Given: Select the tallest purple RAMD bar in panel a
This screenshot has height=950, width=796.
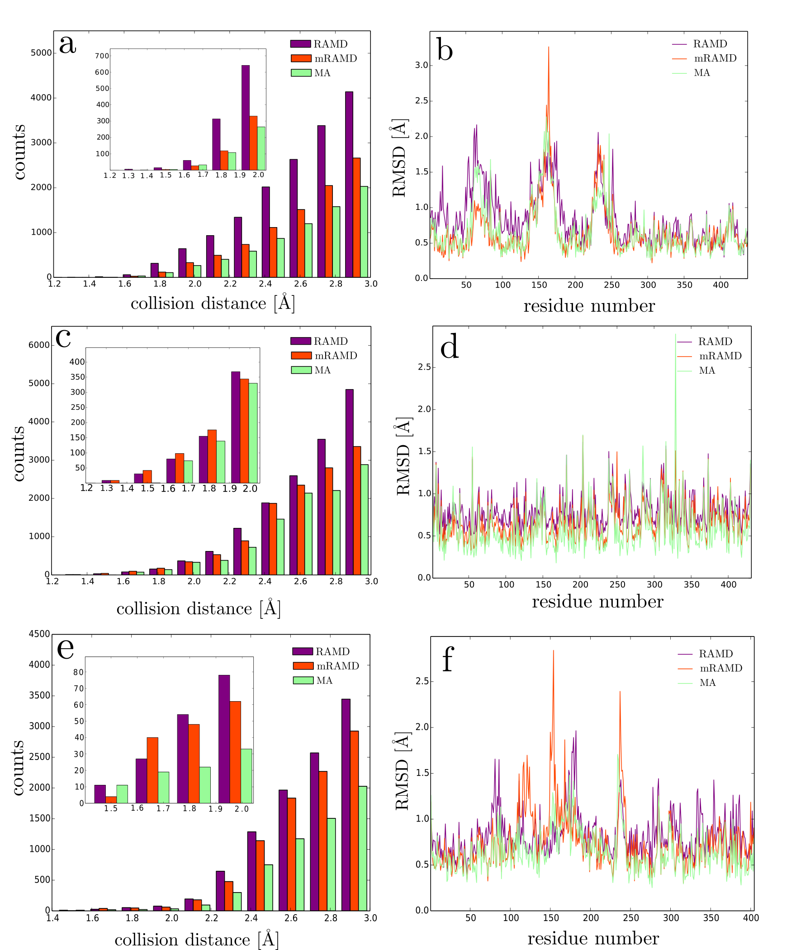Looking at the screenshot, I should click(349, 184).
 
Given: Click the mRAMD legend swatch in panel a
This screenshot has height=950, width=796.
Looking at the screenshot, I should click(301, 58).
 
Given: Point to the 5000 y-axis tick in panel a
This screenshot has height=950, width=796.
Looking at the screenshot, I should click(41, 53).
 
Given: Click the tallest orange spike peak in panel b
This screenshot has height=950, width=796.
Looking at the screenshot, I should click(549, 47).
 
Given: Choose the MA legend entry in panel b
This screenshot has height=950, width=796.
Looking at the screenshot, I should click(702, 73).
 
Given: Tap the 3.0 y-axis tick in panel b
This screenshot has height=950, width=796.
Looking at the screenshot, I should click(422, 66).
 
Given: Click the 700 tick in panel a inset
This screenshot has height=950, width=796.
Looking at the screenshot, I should click(102, 56).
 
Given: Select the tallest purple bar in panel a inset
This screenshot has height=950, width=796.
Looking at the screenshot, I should click(246, 117).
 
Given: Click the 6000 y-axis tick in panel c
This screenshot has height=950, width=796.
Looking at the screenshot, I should click(39, 345).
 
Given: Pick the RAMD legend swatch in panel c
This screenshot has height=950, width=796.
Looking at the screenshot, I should click(301, 341).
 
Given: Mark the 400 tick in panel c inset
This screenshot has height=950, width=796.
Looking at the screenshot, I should click(77, 362).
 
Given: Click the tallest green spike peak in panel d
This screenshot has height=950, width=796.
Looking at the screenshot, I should click(676, 335).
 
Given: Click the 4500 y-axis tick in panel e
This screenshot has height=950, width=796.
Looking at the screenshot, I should click(39, 634).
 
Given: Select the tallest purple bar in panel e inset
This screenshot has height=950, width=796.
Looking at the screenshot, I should click(224, 739).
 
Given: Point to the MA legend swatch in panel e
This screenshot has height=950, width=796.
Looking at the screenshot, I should click(303, 680).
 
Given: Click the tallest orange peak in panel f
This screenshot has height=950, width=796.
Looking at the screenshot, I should click(553, 651).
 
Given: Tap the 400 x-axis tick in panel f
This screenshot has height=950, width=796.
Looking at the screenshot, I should click(751, 918).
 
